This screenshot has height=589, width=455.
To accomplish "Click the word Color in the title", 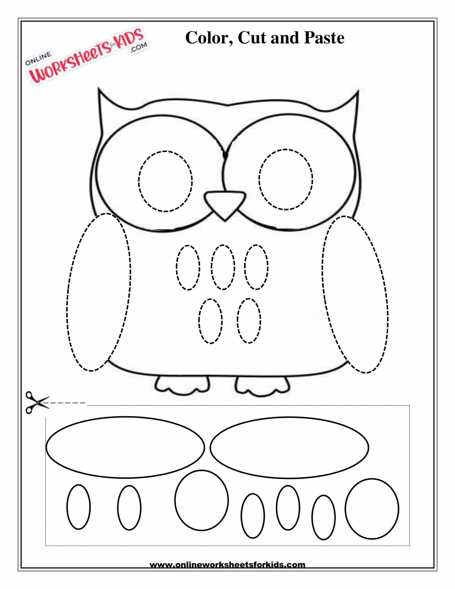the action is coord(206,38).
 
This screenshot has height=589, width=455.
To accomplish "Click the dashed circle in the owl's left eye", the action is coord(139,181).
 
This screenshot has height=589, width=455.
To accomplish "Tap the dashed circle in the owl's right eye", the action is coord(259,179).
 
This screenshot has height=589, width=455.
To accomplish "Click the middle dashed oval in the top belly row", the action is coord(212,267).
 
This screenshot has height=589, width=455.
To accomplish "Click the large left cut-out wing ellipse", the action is coord(46,447).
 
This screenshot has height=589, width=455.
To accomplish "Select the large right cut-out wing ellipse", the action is coord(210,448).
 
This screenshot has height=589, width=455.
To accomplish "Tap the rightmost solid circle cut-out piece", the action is coord(345,509).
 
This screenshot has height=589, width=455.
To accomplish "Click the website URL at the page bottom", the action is coord(227,564).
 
